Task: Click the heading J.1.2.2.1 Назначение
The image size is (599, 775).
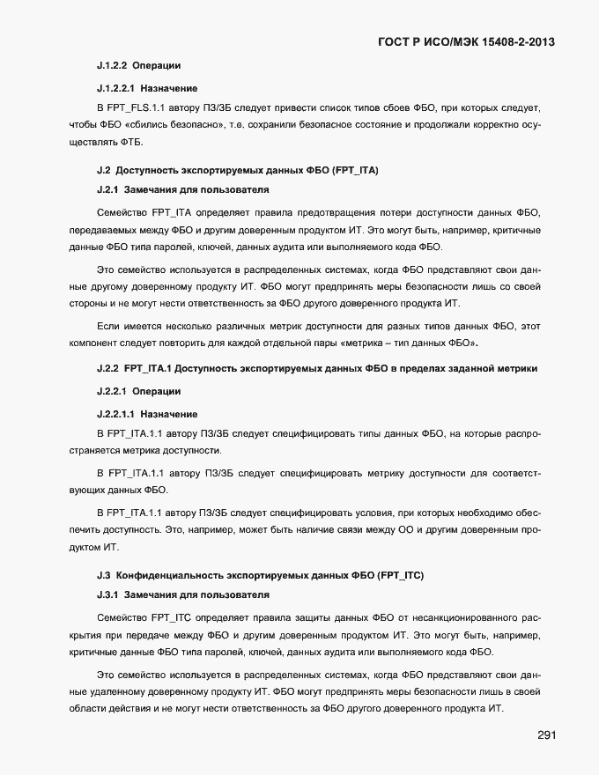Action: tap(147, 88)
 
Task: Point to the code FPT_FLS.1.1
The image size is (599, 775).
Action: tap(134, 107)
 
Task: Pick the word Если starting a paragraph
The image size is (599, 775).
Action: tap(107, 326)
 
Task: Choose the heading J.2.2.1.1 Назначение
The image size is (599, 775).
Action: tap(147, 413)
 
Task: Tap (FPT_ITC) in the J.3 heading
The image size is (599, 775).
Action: tap(401, 574)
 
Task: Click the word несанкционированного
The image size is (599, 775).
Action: tap(470, 616)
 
